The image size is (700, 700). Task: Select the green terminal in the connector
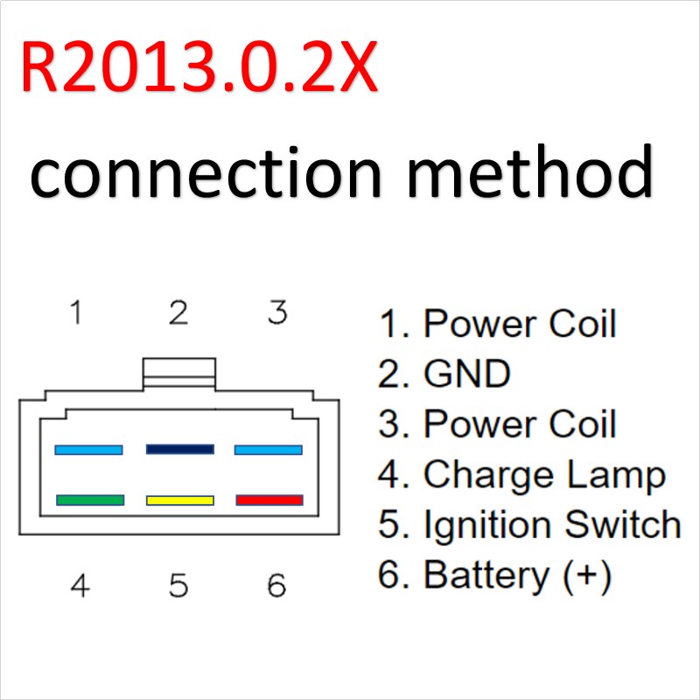click(89, 500)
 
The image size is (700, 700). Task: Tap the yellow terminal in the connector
click(180, 500)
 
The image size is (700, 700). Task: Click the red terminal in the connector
click(269, 500)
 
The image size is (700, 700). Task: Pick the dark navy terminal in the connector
click(180, 449)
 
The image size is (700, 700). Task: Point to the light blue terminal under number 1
click(88, 450)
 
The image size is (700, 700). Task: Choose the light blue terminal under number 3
click(269, 450)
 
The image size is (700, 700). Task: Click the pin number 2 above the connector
click(178, 312)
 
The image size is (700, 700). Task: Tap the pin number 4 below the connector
click(80, 585)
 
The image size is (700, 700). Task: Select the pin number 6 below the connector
click(276, 585)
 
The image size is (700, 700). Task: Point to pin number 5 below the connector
click(178, 585)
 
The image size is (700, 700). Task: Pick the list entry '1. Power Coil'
click(498, 324)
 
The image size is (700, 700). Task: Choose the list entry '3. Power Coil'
click(498, 424)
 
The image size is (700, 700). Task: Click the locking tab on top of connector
click(178, 371)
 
